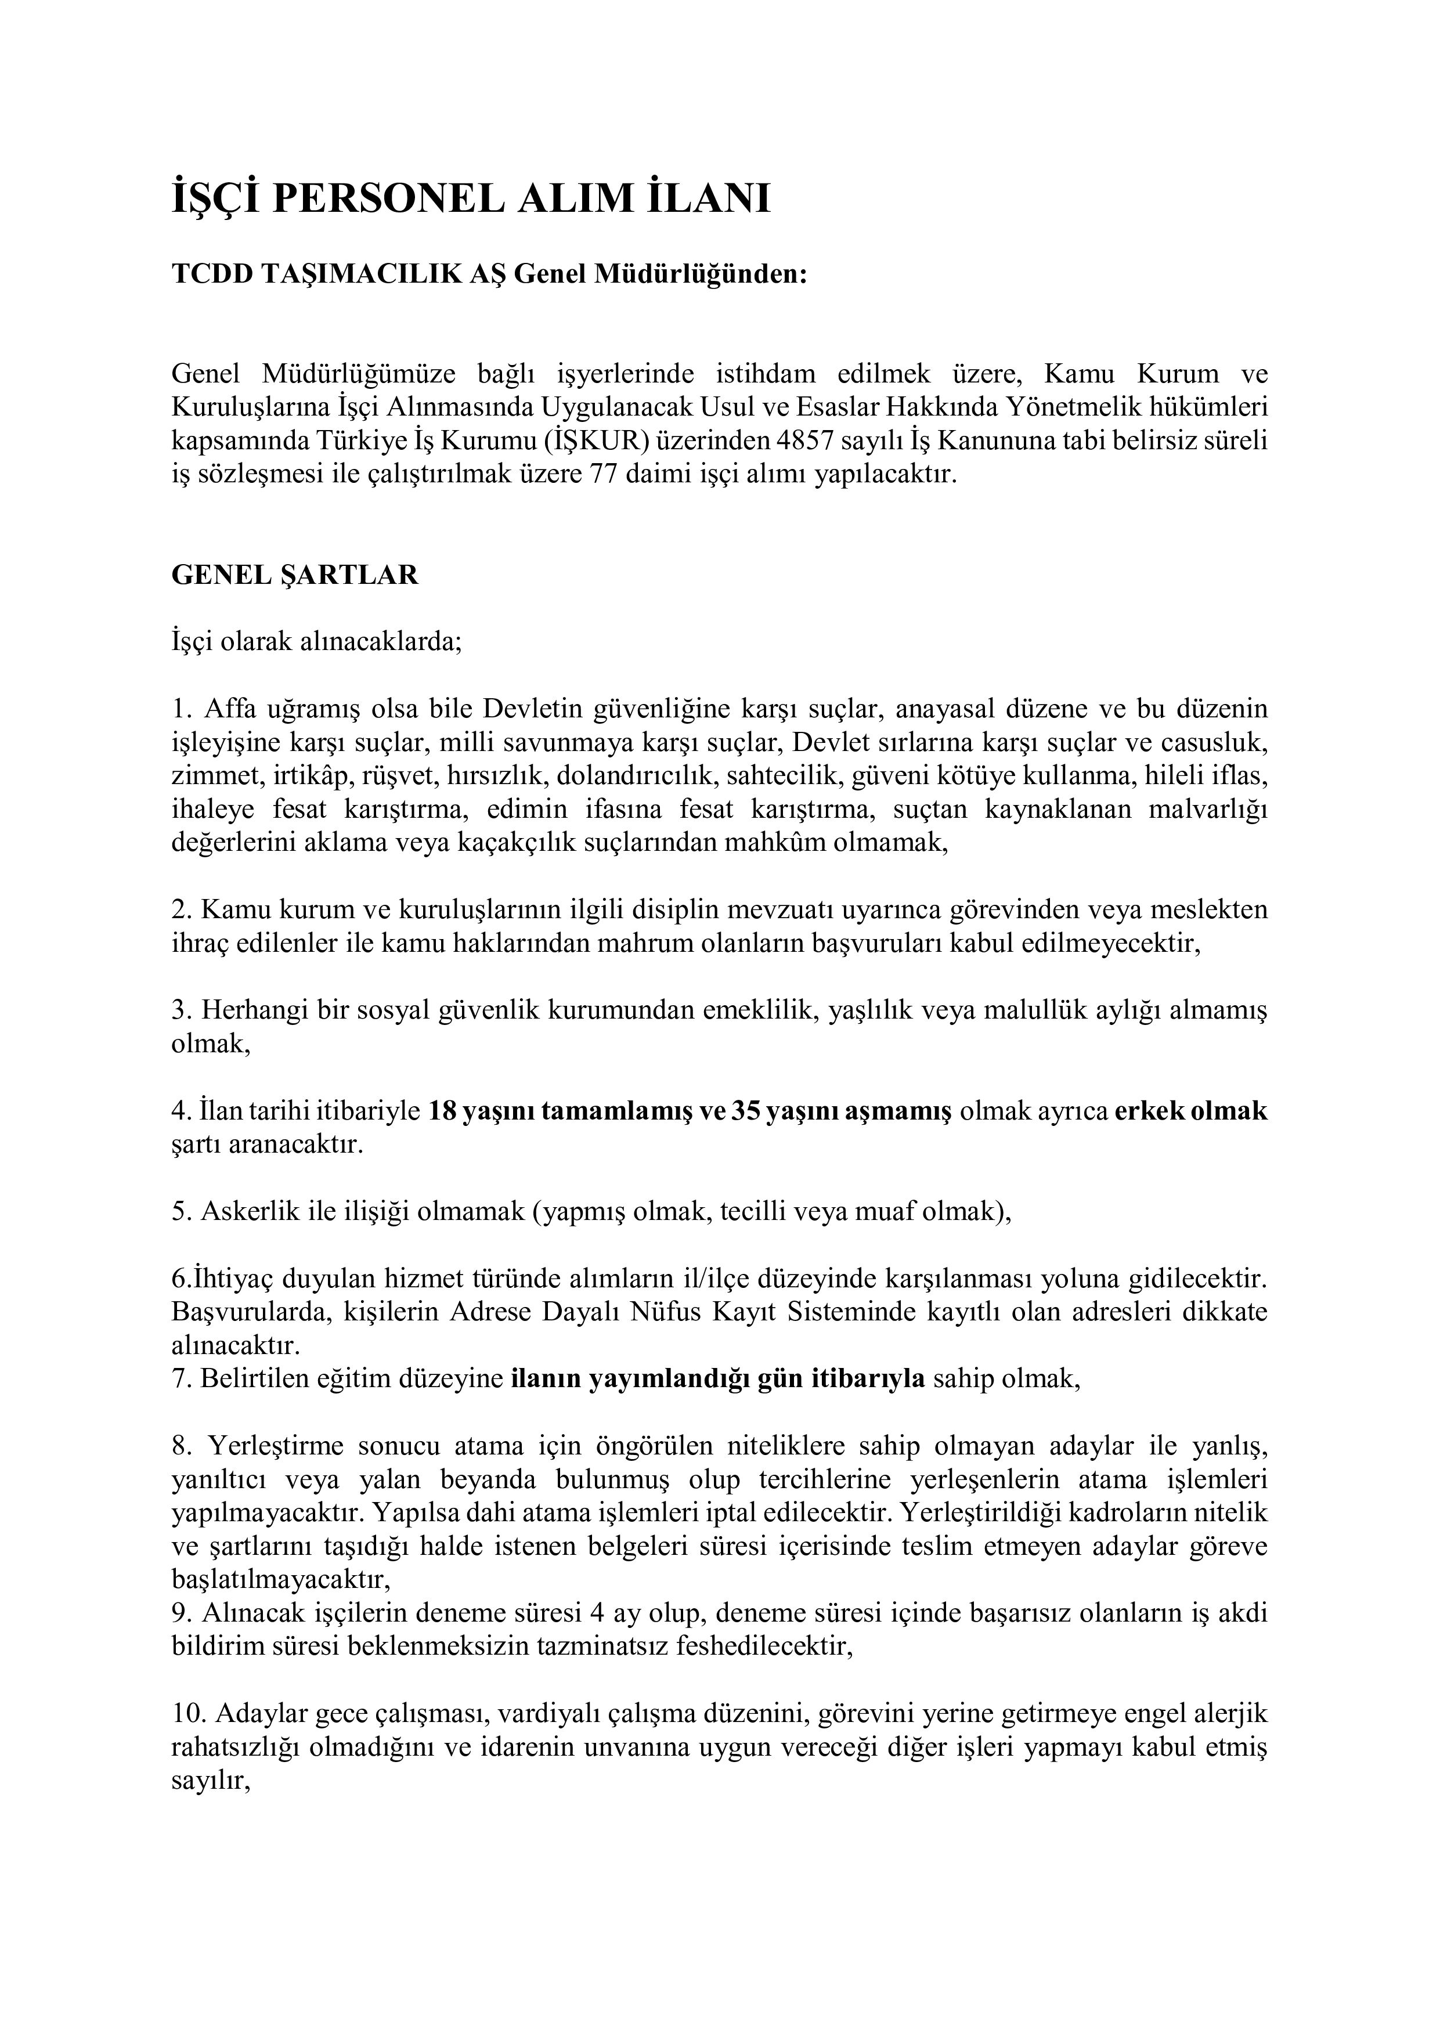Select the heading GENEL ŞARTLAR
pos(294,576)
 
